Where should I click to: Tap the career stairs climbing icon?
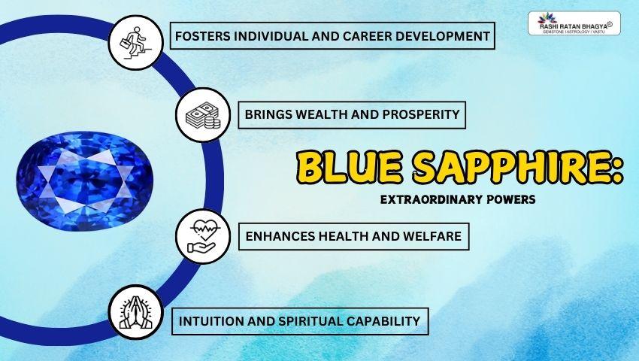pos(137,35)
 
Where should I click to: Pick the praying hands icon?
pos(135,312)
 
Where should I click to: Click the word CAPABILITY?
pos(384,321)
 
